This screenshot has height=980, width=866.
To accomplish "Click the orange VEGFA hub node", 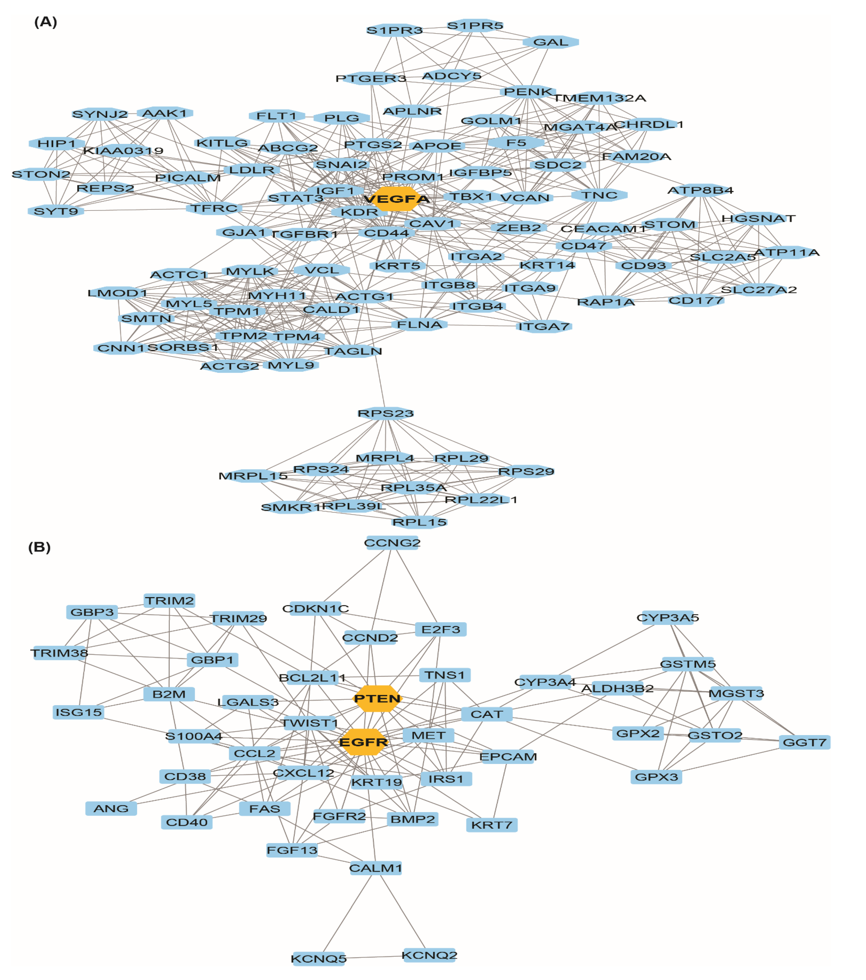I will (x=396, y=199).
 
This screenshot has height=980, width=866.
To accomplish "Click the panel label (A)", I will (x=46, y=22).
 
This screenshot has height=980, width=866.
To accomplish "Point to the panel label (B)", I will (x=39, y=547).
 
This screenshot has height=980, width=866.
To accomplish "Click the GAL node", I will (x=551, y=42).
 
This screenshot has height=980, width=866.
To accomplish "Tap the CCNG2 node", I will (x=392, y=543).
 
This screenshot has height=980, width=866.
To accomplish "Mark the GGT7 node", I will (x=804, y=743).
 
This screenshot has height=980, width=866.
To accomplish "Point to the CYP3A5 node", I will (x=668, y=617).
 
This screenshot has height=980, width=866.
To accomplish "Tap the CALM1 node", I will (x=376, y=868).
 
